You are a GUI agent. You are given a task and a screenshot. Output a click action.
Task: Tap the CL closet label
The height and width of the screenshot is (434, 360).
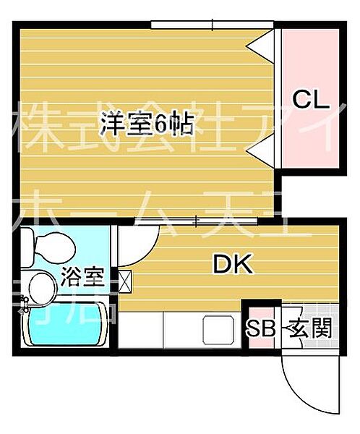click(311, 98)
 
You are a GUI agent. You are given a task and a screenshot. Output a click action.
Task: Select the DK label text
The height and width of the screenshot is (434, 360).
click(232, 265)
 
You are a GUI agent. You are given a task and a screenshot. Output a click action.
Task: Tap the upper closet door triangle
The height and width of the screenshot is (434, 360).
click(262, 45)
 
